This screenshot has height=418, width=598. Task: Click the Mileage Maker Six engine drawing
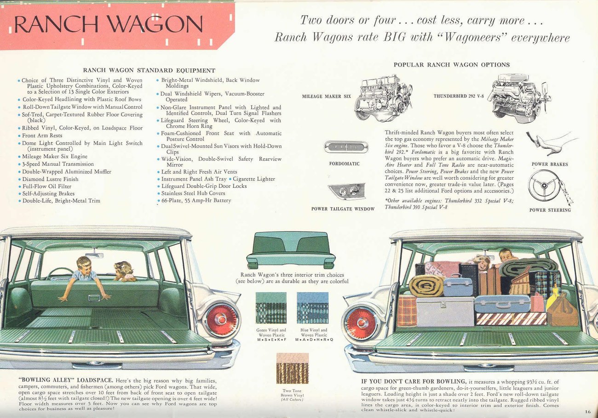coord(383,97)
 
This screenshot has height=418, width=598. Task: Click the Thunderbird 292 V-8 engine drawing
coord(518,97)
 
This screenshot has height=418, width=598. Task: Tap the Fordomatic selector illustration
coord(346,147)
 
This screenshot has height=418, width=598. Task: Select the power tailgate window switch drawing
coord(347,192)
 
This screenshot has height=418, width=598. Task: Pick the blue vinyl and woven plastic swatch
coord(312,308)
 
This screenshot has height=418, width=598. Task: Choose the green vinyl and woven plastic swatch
coord(271,308)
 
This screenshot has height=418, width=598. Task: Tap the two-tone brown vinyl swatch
coord(292,368)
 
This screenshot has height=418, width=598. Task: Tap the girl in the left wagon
coord(124,271)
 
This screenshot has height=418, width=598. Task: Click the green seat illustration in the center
coord(290,250)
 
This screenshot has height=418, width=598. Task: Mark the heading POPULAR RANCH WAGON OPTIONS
coord(451,65)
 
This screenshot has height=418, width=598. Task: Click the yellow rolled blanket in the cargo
coord(426,285)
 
